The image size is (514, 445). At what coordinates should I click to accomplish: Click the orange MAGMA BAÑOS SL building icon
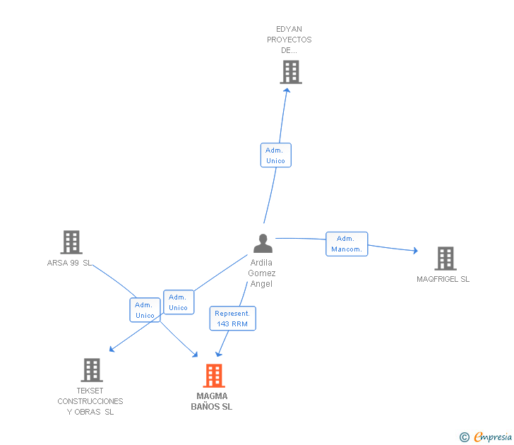click(x=214, y=376)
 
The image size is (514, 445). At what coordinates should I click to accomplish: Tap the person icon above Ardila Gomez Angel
click(x=263, y=243)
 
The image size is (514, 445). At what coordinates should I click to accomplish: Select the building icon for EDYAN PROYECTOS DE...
click(x=291, y=72)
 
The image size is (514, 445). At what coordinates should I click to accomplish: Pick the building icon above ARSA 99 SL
click(x=71, y=242)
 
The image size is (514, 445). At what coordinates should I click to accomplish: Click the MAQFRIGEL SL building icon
click(x=446, y=259)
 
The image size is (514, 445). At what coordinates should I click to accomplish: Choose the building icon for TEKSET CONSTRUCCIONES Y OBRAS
click(x=92, y=370)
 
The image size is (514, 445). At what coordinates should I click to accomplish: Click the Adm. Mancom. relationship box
click(x=347, y=244)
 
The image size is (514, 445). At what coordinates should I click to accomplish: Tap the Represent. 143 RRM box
click(x=233, y=319)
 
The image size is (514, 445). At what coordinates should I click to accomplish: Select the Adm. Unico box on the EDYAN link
click(x=275, y=155)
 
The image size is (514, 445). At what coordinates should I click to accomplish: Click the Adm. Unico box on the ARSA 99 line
click(x=145, y=310)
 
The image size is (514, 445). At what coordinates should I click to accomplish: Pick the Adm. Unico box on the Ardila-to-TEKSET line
click(x=179, y=302)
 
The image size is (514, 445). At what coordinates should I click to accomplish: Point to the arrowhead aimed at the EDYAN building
click(x=287, y=90)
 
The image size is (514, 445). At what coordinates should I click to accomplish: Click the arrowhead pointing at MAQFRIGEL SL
click(x=416, y=251)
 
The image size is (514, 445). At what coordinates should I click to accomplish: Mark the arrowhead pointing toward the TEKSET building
click(x=112, y=349)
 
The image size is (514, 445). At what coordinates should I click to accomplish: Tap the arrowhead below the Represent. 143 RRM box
click(x=218, y=354)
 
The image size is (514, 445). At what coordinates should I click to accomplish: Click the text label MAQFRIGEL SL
click(x=443, y=279)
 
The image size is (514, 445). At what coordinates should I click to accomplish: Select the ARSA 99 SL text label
click(x=69, y=263)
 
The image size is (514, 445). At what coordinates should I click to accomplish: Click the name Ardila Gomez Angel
click(x=261, y=273)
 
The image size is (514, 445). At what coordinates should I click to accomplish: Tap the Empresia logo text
click(x=493, y=437)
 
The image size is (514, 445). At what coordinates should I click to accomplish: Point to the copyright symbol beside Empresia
click(x=465, y=437)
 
